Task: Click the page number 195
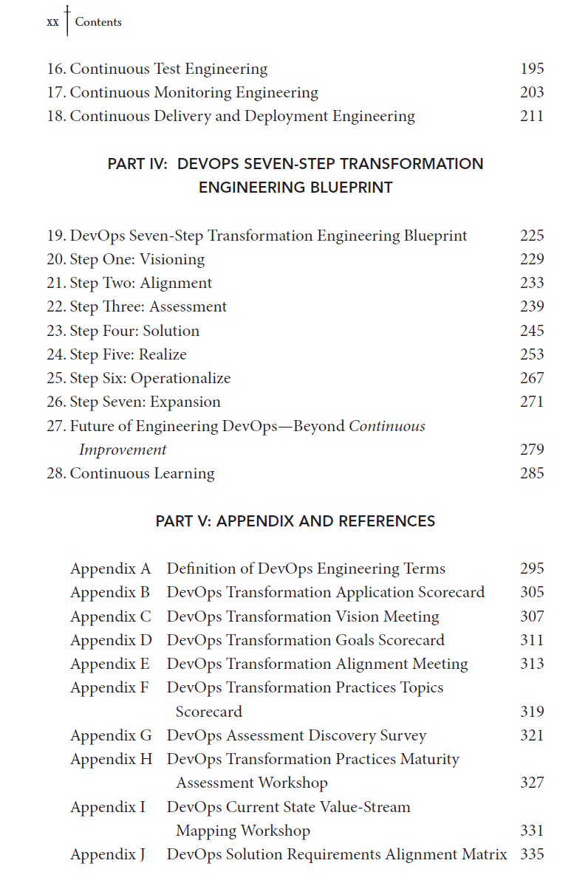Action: coord(532,69)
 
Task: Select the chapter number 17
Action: coord(56,93)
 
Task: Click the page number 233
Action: coord(532,284)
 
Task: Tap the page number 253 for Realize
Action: coord(532,355)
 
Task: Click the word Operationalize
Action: coord(180,379)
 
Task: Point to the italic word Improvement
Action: coord(123,450)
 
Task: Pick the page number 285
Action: coord(532,474)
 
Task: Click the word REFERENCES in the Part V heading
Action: coord(387,522)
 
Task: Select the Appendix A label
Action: coord(110,569)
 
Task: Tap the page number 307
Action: coord(532,617)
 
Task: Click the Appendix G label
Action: coord(111,736)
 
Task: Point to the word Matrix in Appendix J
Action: coord(484,855)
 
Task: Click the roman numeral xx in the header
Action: coord(52,22)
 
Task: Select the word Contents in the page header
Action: coord(98,22)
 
